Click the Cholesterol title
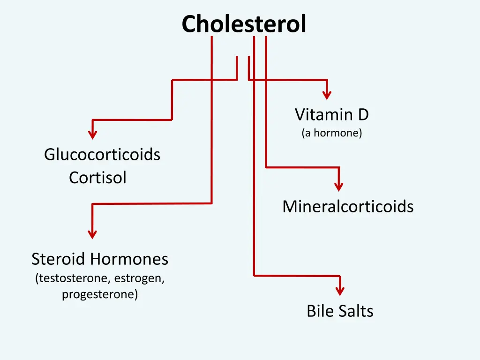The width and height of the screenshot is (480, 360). (244, 24)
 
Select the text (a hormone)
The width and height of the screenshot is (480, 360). (332, 133)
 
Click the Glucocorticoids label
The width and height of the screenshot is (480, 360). (102, 155)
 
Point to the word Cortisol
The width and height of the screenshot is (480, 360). (97, 178)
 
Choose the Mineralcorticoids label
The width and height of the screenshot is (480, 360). (348, 207)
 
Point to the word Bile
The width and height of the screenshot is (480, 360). (320, 311)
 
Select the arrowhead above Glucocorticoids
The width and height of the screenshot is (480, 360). (93, 135)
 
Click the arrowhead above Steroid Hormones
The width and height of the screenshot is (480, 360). (93, 234)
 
